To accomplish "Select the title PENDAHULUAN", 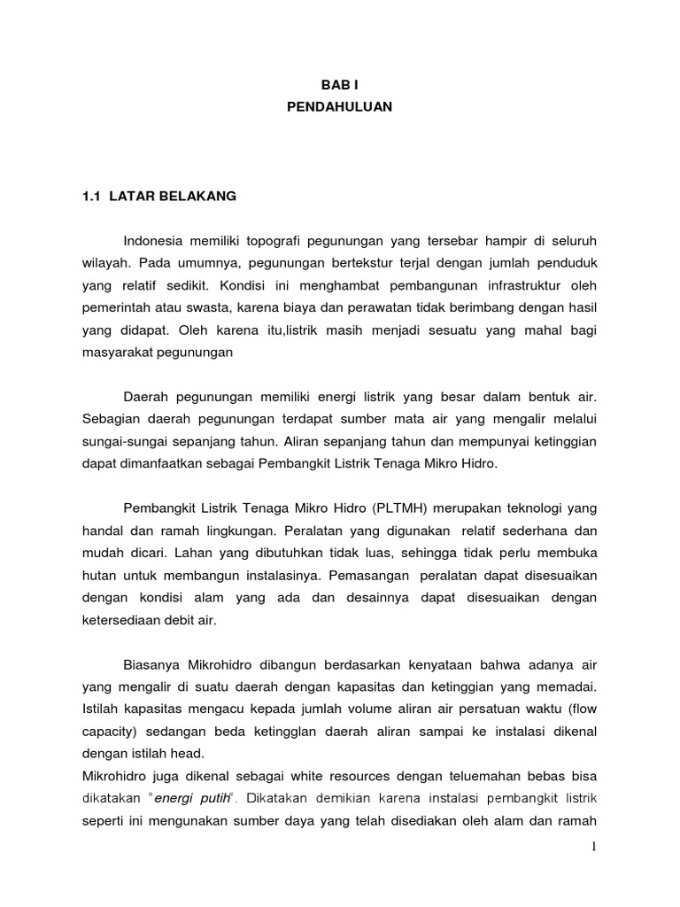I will [341, 107].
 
